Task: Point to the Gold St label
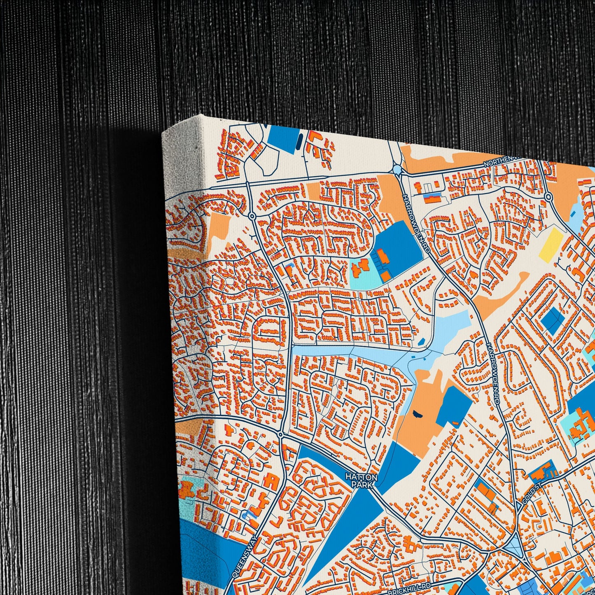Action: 527,500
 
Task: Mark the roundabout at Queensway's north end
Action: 280,434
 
